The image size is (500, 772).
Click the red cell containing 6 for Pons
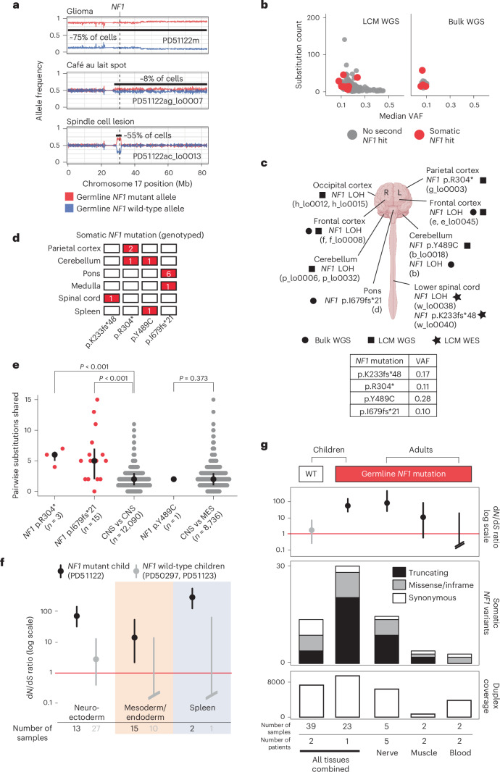pos(168,273)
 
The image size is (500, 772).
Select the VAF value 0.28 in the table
pos(422,398)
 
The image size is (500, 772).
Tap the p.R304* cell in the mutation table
pos(379,386)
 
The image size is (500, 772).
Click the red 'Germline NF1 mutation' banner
pos(403,474)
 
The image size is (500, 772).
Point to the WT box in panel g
pos(311,474)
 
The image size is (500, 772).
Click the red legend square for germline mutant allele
pos(69,196)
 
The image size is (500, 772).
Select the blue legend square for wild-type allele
pos(69,209)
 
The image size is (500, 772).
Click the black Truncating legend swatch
pos(399,573)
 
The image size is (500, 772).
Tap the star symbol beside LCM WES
pos(436,340)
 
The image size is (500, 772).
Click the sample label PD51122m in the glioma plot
pos(180,41)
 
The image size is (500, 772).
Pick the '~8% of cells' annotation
pos(162,79)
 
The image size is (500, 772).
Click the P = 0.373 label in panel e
pos(193,378)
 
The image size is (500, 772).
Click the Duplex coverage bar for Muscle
pos(424,715)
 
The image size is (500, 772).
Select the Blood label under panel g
pos(460,752)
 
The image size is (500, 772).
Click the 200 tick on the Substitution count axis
pos(313,17)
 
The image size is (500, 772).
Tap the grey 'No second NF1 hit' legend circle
pos(351,135)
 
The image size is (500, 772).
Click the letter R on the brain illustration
pos(387,193)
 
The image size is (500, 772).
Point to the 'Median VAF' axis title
pos(401,116)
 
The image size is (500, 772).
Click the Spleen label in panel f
pos(202,708)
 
